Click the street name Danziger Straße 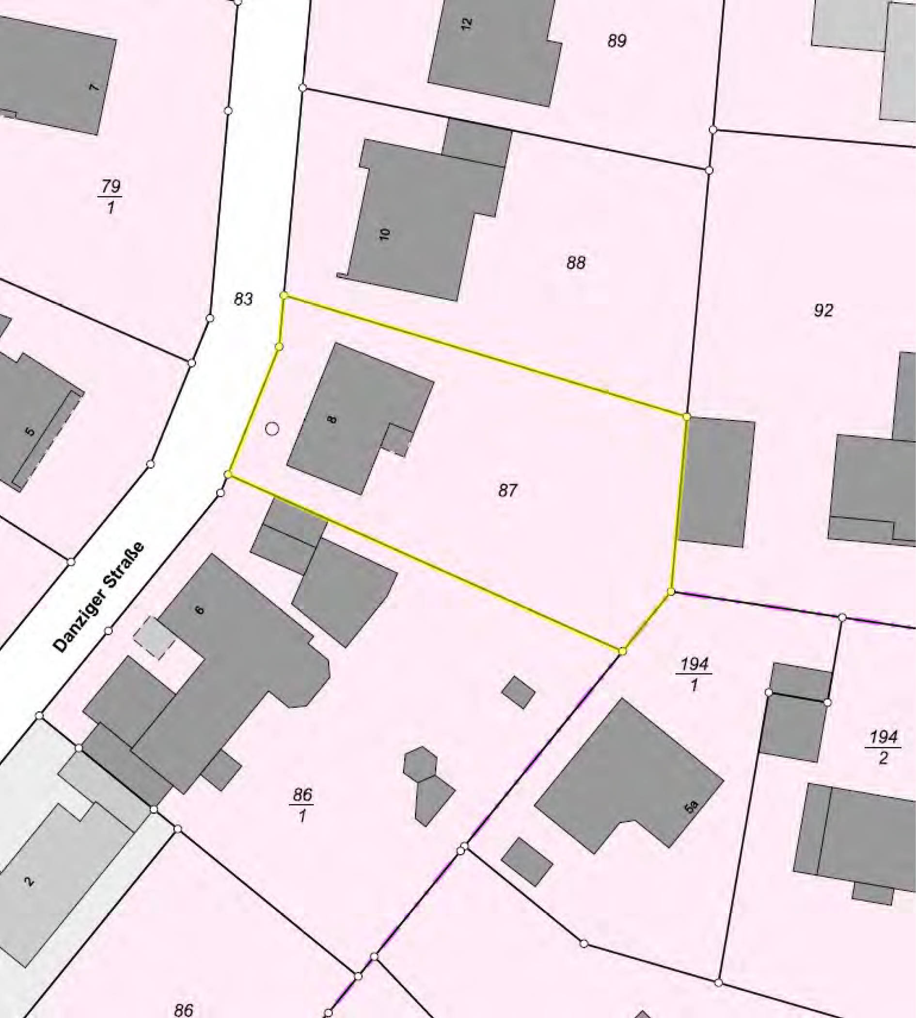99,598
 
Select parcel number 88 576,262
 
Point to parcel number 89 616,40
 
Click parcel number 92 823,310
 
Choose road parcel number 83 243,299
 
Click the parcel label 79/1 110,196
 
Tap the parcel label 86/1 302,805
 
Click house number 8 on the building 331,418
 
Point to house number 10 385,234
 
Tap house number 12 467,23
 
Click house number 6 200,610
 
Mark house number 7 94,87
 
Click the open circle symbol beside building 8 272,429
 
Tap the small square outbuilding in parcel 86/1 519,692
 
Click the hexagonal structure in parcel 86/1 420,763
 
